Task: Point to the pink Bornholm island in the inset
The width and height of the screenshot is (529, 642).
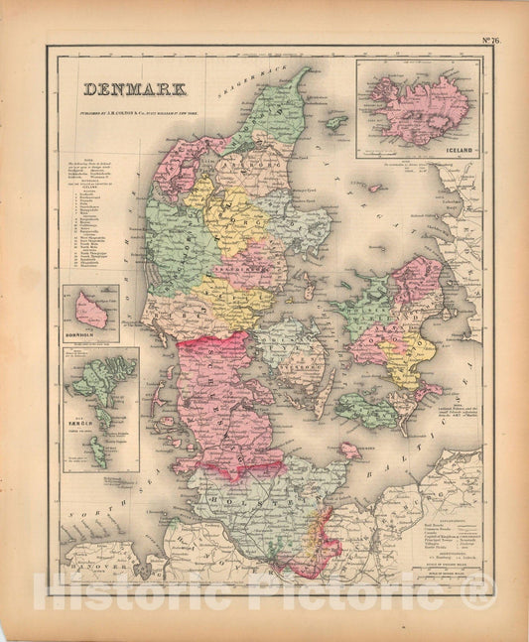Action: [x=92, y=311]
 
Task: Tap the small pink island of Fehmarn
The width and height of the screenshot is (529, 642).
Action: [x=348, y=450]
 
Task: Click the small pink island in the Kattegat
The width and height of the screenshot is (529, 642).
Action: [x=375, y=187]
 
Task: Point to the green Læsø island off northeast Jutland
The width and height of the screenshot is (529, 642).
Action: [x=336, y=122]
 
